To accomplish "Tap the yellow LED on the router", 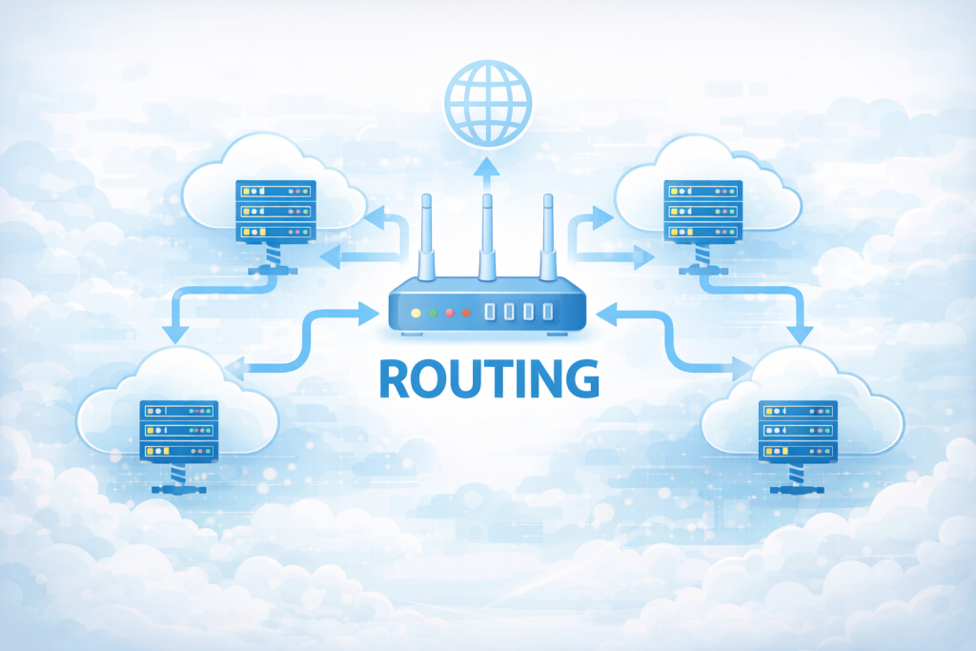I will coord(416,313).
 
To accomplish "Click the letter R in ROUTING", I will coord(396,378).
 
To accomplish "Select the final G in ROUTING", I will coord(579,378).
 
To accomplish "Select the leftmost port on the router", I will coord(490,312).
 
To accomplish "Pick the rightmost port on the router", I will coord(548,312).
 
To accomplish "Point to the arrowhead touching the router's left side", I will coord(372,311).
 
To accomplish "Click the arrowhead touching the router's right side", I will coord(603,311).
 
